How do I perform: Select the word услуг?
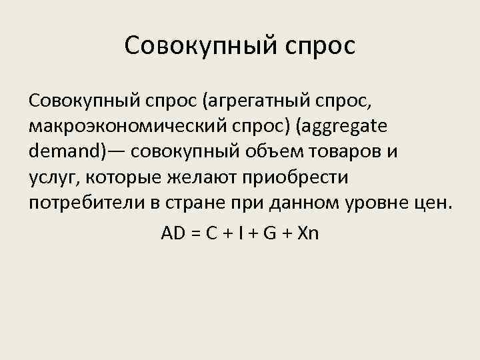click(x=51, y=177)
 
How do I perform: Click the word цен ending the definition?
click(x=434, y=202)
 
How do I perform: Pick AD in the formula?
click(x=172, y=233)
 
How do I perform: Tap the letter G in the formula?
click(x=271, y=233)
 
